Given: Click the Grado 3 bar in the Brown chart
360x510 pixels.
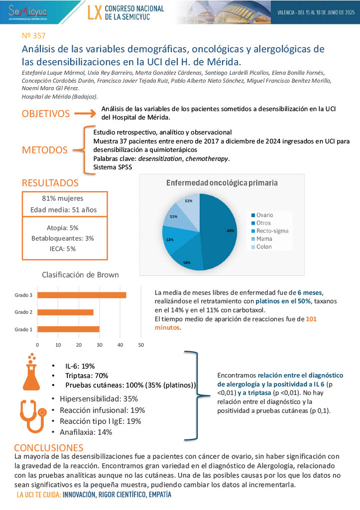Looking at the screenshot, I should tap(82, 295).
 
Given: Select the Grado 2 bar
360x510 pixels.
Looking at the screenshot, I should tap(65, 312).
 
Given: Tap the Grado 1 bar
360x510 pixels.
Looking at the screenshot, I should tap(68, 329).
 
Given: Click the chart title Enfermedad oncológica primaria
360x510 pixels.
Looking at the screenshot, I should tap(222, 183).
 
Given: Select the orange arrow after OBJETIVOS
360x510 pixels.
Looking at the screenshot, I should tap(82, 114).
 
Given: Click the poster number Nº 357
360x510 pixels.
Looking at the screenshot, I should tap(34, 36).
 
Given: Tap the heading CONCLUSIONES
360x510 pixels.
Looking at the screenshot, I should tap(49, 447).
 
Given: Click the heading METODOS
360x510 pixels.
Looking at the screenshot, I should tap(44, 150).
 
